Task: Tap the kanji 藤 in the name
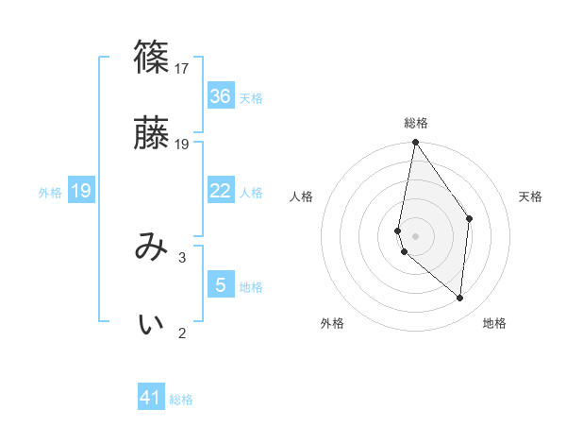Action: (152, 133)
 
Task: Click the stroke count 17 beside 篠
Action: (182, 68)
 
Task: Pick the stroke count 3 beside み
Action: (182, 257)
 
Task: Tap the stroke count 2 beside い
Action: (182, 333)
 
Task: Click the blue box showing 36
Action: (221, 96)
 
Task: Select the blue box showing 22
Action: (221, 191)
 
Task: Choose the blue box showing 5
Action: (221, 285)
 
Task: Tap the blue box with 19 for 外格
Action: (81, 192)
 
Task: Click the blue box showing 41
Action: (151, 398)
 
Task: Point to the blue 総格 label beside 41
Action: (181, 400)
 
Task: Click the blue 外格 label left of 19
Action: (50, 193)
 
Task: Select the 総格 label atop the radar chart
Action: (416, 123)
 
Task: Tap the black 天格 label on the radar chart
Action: (531, 196)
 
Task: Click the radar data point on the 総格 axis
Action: (415, 143)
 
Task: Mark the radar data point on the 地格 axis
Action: (460, 299)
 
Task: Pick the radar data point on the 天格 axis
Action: (469, 218)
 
